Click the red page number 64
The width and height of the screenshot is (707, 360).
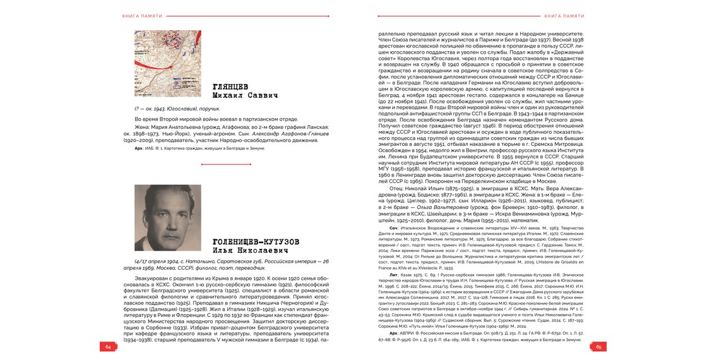click(108, 346)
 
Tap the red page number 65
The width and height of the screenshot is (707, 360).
click(598, 346)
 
